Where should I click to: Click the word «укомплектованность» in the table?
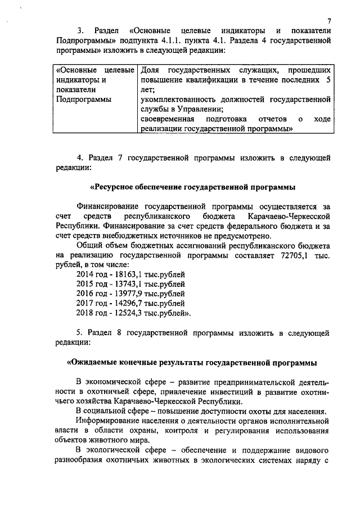click(x=177, y=100)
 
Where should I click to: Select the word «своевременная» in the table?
click(x=167, y=119)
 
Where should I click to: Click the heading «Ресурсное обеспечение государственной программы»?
click(x=193, y=187)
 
